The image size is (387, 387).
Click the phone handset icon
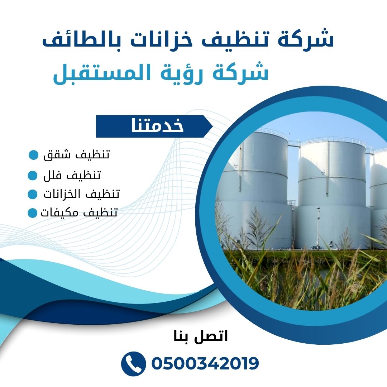pos(133,364)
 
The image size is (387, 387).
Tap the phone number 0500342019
pos(205,363)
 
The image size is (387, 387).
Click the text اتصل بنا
pos(201,336)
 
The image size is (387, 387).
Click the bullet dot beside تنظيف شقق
pos(34,155)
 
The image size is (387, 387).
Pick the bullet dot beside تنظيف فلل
pos(33,176)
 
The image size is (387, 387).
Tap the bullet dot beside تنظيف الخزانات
pos(33,194)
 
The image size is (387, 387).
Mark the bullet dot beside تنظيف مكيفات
pos(32,213)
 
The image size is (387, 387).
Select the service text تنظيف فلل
pos(72,175)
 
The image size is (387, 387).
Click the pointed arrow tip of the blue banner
pos(212,126)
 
